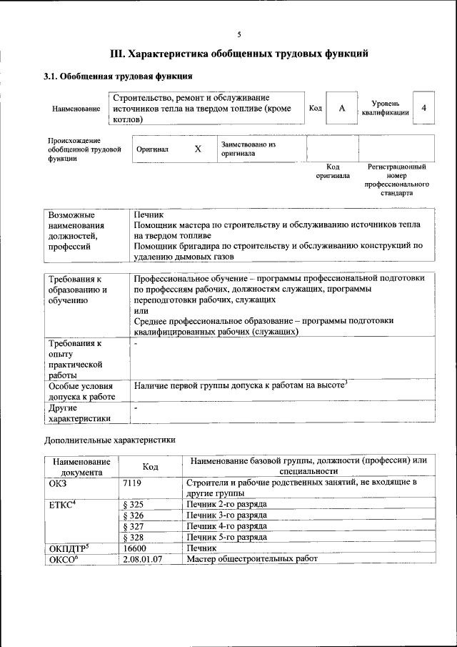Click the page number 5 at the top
239,34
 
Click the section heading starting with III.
238,53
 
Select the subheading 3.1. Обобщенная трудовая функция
118,76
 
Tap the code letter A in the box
342,108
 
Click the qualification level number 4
424,108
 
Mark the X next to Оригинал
198,149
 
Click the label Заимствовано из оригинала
248,149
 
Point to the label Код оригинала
333,171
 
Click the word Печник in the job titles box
149,214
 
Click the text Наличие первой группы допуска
240,386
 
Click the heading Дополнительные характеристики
110,440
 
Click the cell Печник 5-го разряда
226,536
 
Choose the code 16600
136,548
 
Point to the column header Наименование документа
81,466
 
